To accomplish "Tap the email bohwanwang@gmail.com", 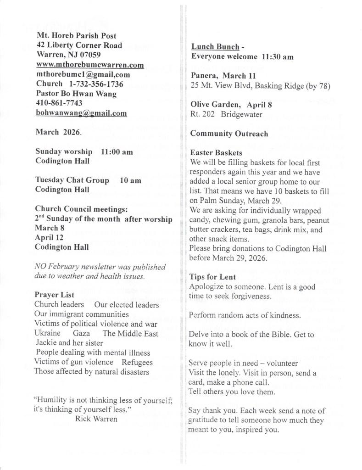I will click(81, 113).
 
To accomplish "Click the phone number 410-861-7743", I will click(59, 103).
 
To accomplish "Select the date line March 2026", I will click(58, 132).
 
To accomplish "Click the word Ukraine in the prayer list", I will click(48, 333).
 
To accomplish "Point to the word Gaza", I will click(81, 333).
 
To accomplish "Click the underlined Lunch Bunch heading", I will click(215, 47).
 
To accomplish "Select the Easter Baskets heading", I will click(216, 153).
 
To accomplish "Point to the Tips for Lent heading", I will click(213, 276).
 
